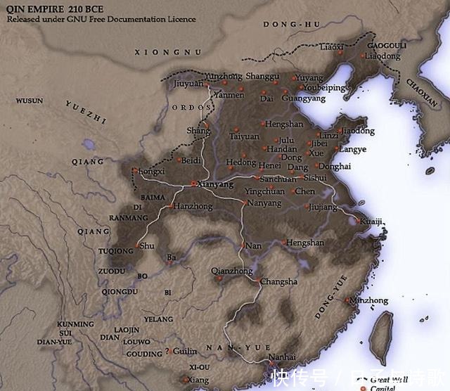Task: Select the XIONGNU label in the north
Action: coord(168,52)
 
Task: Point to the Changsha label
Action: coord(278,282)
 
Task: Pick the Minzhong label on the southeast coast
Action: coord(368,300)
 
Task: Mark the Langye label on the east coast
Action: coord(352,149)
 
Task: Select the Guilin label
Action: coord(185,351)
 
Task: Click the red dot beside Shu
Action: coord(137,245)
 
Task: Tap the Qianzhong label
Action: coord(231,271)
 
